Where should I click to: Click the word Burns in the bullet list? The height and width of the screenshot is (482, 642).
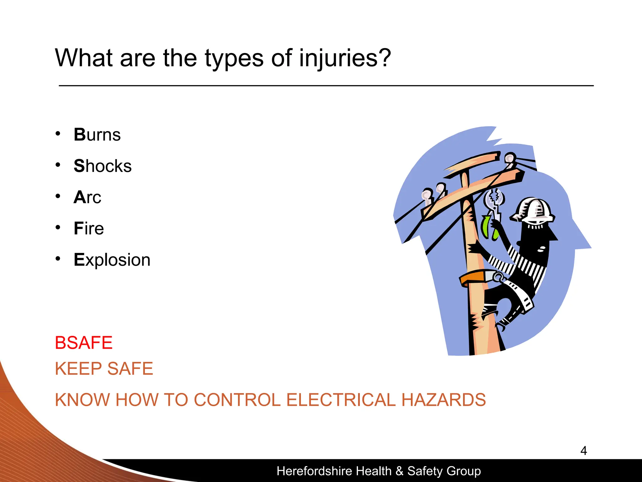click(97, 135)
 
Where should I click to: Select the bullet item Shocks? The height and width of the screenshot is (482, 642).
click(103, 166)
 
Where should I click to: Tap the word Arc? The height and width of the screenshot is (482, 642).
click(87, 197)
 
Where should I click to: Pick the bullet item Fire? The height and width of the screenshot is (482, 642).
click(89, 228)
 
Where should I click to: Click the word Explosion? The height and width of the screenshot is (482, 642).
click(112, 260)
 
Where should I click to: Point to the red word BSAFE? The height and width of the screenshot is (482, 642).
click(84, 343)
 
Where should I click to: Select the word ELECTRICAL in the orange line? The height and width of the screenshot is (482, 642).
click(341, 400)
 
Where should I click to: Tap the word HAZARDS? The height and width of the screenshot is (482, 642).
click(444, 400)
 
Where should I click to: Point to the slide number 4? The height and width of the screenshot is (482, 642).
click(583, 451)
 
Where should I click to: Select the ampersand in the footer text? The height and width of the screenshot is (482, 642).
click(399, 471)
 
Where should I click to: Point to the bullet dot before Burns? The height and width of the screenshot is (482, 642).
click(58, 134)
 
